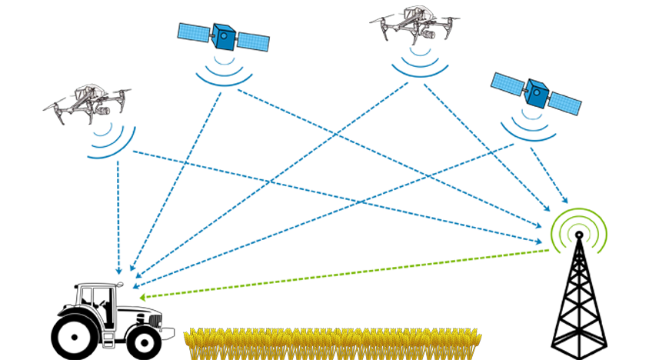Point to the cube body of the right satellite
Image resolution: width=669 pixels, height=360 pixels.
point(536,93)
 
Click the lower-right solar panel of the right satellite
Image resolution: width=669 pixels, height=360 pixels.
point(565,105)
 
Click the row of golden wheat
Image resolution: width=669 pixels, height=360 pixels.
point(334,343)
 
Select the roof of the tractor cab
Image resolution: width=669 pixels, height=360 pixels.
point(91,285)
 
